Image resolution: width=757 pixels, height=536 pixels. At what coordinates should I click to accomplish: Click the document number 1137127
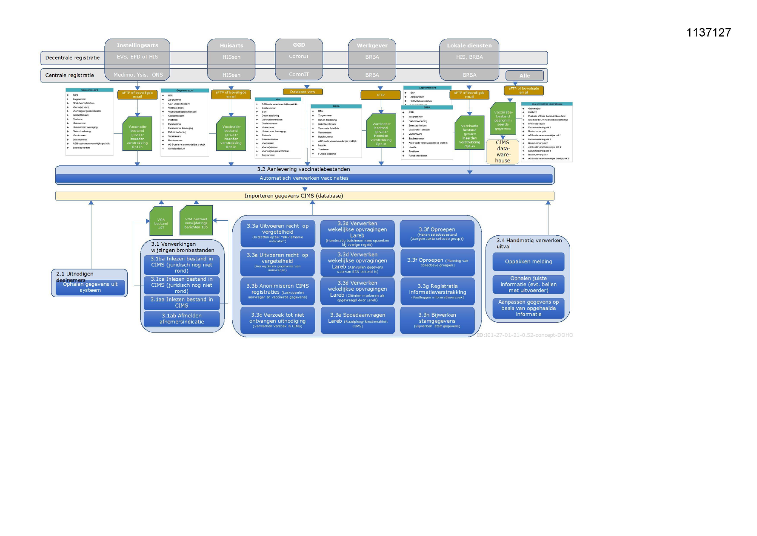(708, 32)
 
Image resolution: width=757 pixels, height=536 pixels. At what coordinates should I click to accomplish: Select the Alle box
(524, 76)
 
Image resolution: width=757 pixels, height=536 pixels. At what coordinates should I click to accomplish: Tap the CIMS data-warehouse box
(502, 152)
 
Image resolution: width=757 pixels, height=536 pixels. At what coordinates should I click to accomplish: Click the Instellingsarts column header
(137, 45)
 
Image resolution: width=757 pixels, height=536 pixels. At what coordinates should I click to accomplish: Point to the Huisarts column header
(231, 45)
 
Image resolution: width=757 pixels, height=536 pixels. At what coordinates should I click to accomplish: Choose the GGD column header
(299, 45)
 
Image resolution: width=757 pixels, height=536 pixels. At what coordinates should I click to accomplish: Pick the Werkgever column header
(372, 45)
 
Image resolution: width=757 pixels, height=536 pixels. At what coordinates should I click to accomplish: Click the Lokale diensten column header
(469, 45)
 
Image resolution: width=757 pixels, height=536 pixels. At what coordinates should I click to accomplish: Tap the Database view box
(303, 92)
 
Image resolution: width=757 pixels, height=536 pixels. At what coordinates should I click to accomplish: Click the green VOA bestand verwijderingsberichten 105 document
(196, 221)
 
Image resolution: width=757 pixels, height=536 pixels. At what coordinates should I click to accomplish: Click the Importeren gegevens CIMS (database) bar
(304, 196)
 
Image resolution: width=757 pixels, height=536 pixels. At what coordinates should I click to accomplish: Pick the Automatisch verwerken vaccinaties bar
(304, 178)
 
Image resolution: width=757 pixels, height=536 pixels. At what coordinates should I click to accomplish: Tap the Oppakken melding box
(528, 262)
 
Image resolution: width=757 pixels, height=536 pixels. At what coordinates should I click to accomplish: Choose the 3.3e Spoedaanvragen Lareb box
(357, 320)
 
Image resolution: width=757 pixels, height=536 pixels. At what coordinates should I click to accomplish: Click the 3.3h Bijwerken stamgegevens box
(437, 320)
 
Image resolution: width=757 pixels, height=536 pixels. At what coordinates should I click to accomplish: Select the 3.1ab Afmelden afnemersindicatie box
(181, 319)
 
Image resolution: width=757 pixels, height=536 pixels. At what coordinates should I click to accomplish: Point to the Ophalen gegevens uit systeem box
(90, 287)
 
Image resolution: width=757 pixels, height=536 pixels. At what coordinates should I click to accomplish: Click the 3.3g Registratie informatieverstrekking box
(437, 292)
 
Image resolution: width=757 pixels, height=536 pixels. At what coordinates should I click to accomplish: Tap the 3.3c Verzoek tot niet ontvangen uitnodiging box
(278, 320)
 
